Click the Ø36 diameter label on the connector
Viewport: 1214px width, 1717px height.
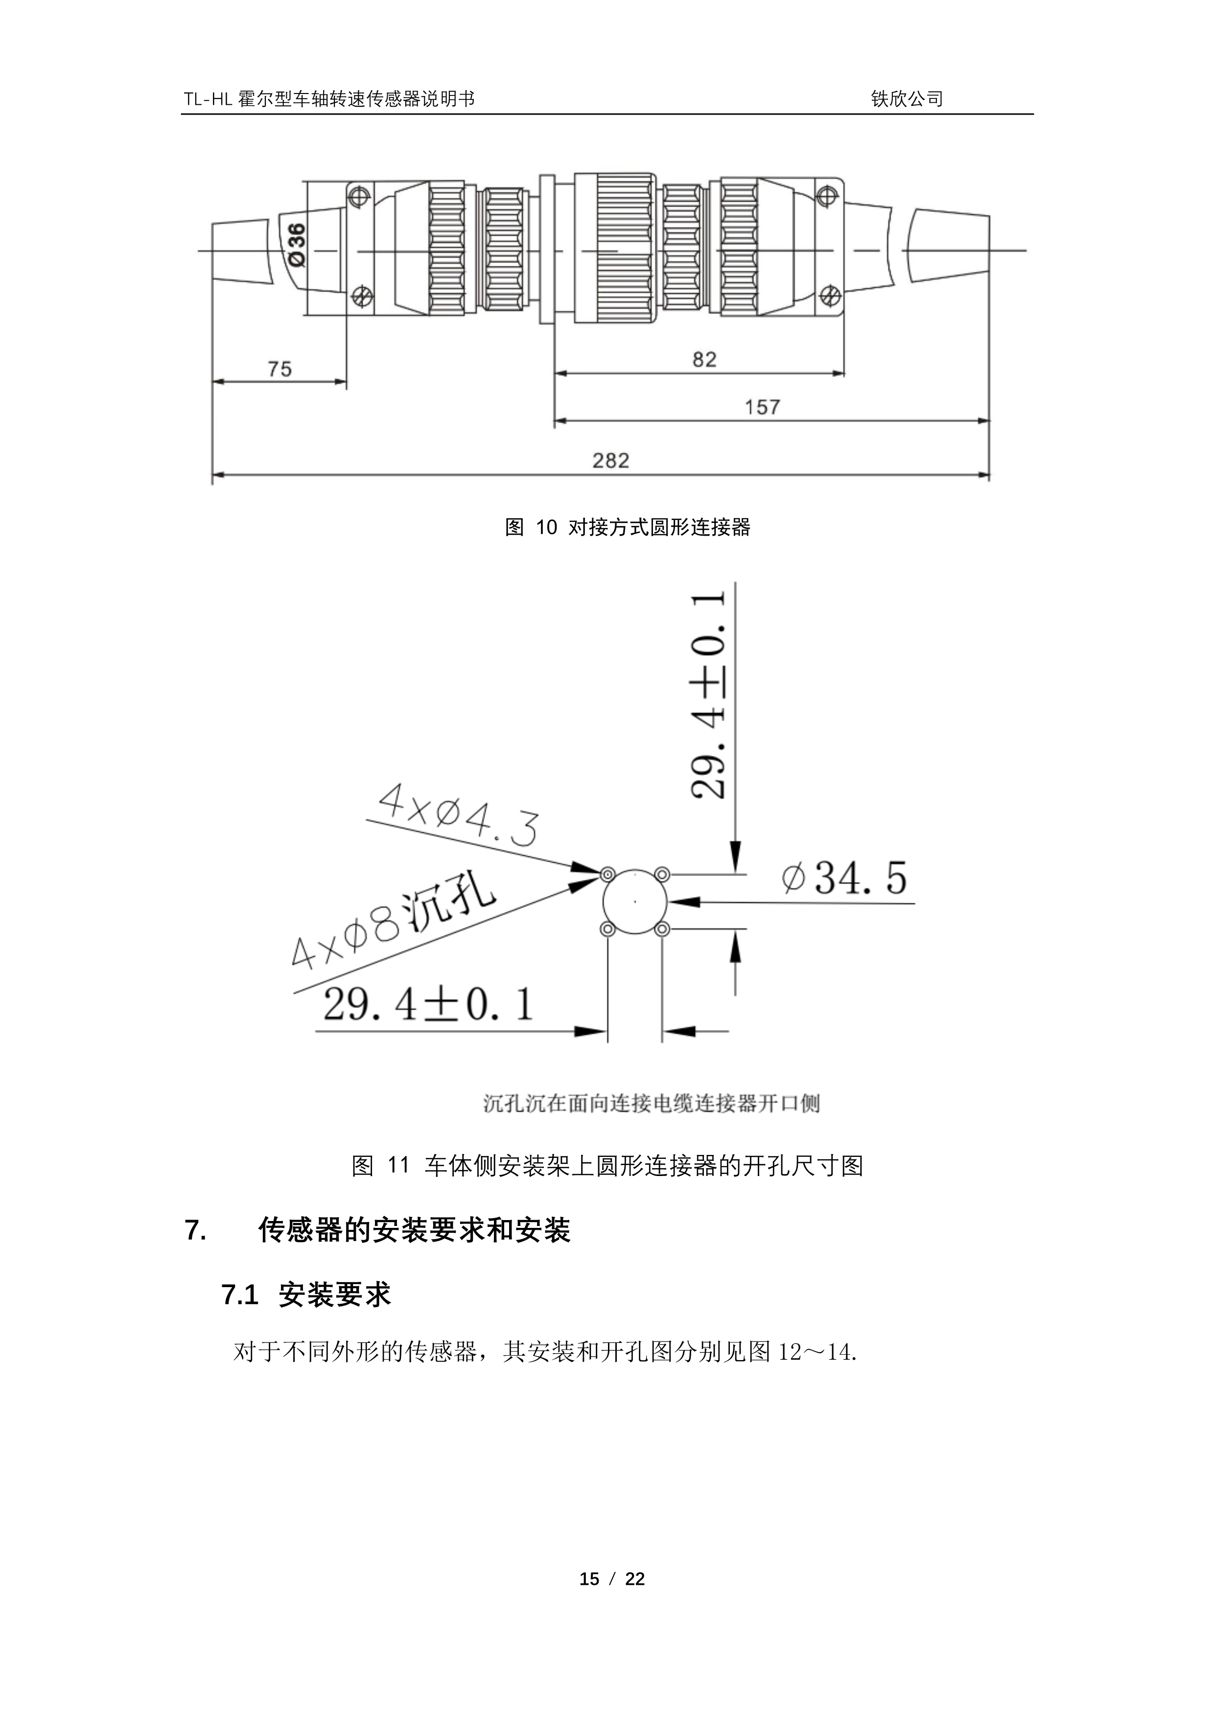[x=297, y=244]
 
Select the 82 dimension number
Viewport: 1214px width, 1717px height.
[x=704, y=360]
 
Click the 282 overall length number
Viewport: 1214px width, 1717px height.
[x=611, y=461]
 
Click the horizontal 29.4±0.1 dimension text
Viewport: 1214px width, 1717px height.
[x=428, y=1004]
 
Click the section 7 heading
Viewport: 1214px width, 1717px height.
[x=377, y=1230]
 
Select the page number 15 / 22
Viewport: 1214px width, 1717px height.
[x=612, y=1578]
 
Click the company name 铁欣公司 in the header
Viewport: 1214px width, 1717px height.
[x=907, y=99]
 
